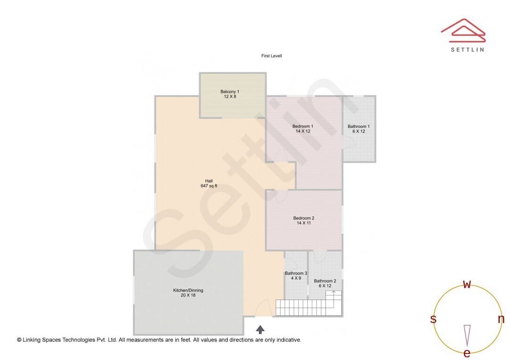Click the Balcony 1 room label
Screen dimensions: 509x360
(230, 94)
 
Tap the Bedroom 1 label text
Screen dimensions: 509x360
(303, 129)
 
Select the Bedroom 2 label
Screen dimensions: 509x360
(304, 221)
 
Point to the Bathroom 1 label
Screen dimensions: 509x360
(358, 129)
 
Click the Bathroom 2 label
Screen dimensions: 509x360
(325, 283)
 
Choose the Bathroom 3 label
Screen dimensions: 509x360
(296, 276)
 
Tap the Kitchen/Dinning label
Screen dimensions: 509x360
(188, 293)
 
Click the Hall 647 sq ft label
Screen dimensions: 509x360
(209, 183)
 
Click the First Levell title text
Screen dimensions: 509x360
(271, 56)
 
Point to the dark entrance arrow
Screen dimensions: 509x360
(260, 329)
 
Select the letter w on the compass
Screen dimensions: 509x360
(467, 284)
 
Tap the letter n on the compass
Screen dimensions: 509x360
(501, 319)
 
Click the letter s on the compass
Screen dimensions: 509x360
(433, 319)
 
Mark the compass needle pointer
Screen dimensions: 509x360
(467, 336)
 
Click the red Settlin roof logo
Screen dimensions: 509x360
(463, 31)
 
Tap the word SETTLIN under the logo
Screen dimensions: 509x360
(468, 49)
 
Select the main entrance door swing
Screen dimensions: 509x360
(263, 308)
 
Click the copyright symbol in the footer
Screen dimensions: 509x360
(19, 340)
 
